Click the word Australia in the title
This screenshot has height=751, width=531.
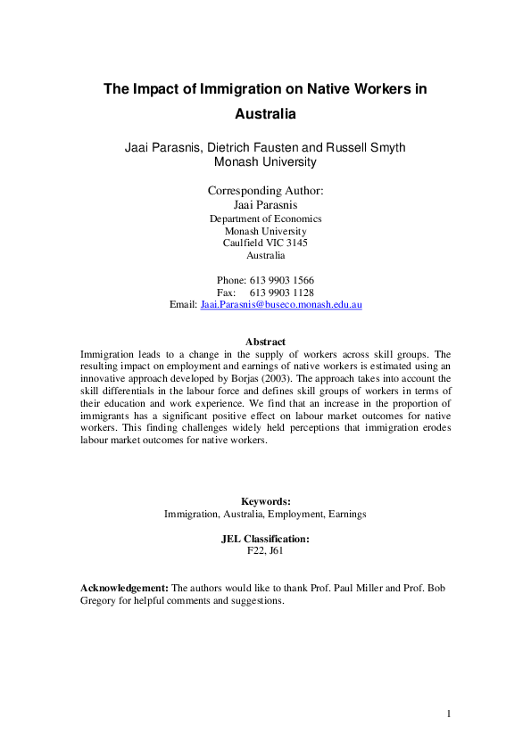[x=265, y=114]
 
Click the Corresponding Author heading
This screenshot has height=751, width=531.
[x=265, y=190]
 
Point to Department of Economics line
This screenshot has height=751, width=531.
[x=265, y=219]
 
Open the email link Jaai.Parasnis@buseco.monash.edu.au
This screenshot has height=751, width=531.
[x=281, y=304]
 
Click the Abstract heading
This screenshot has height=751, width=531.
[x=265, y=342]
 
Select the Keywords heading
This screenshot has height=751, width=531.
[x=265, y=501]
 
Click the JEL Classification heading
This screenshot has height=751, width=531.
[x=265, y=539]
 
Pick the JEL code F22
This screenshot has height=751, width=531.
[x=256, y=551]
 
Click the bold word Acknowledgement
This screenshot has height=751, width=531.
[x=124, y=588]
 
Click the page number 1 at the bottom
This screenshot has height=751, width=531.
[x=450, y=713]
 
